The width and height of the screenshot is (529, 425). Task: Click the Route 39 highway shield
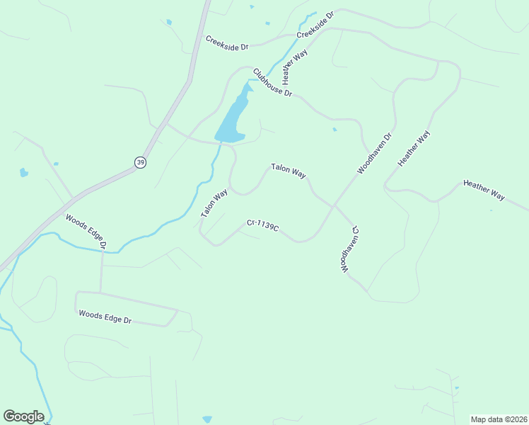click(x=140, y=162)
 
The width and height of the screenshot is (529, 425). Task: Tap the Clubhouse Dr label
click(x=272, y=82)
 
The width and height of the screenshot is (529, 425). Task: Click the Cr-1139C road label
click(x=262, y=225)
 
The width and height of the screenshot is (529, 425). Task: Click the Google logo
click(x=23, y=416)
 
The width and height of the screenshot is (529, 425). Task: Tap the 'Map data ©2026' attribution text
click(x=499, y=419)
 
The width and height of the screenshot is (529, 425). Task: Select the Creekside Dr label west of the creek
click(x=227, y=42)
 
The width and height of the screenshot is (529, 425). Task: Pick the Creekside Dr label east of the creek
click(x=315, y=24)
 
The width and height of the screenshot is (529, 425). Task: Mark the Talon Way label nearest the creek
click(x=214, y=203)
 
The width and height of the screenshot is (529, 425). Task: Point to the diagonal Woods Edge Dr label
click(x=86, y=231)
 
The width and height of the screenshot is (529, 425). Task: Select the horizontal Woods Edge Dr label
click(x=105, y=317)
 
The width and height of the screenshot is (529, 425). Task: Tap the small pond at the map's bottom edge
click(x=207, y=420)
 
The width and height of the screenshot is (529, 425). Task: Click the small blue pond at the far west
click(x=24, y=172)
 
